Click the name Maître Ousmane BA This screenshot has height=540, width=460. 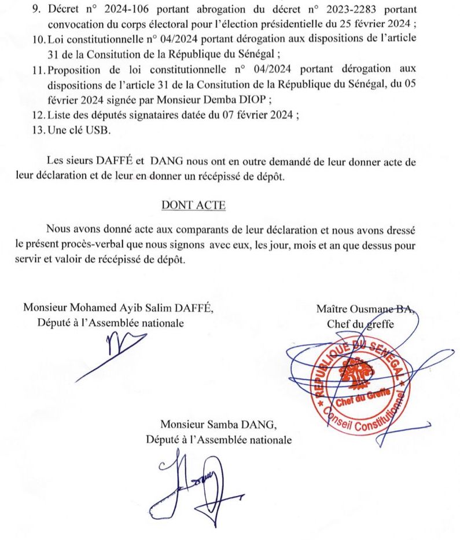click(x=366, y=309)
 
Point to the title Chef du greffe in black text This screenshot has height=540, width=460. click(x=360, y=323)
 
